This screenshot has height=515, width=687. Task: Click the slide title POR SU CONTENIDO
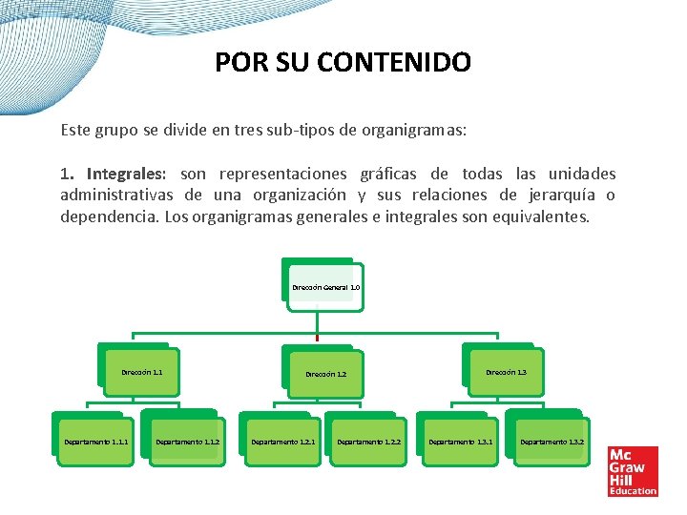click(343, 63)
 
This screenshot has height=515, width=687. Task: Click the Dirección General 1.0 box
click(324, 286)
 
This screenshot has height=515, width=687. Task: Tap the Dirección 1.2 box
click(325, 374)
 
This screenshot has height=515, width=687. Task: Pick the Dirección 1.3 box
click(506, 372)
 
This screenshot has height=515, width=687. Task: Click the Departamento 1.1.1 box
click(95, 442)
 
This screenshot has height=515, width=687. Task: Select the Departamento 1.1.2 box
click(187, 442)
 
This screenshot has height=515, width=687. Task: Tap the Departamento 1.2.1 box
click(282, 442)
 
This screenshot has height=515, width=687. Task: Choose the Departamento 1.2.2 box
click(368, 442)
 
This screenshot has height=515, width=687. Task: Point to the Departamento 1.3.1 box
click(460, 442)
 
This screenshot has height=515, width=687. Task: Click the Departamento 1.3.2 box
click(552, 442)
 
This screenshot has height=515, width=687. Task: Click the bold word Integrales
click(126, 175)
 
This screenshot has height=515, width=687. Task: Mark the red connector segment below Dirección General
click(317, 337)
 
